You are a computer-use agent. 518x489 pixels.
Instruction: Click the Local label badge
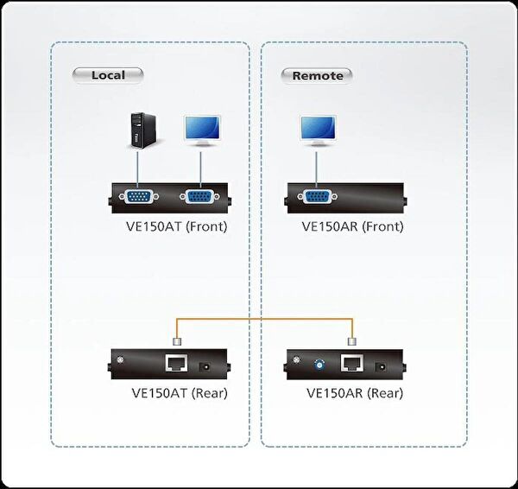(107, 75)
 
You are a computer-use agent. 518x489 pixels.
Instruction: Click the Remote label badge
(317, 75)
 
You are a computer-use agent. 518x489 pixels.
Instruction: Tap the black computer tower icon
(136, 130)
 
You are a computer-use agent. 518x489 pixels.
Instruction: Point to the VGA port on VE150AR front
(316, 197)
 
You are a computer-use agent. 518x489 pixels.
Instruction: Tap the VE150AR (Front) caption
(352, 227)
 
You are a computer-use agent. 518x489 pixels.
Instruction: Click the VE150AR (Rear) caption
(354, 394)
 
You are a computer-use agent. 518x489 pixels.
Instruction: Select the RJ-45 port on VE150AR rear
(351, 364)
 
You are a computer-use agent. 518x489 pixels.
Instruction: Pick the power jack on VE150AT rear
(205, 366)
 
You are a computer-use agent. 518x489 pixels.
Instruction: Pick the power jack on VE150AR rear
(381, 366)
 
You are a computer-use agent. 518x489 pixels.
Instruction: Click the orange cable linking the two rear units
(263, 321)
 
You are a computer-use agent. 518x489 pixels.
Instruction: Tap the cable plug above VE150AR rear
(351, 340)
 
